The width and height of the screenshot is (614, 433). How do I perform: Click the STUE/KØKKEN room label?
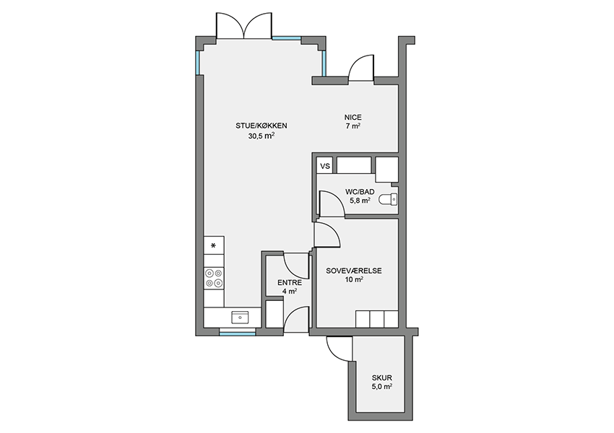pyautogui.click(x=261, y=126)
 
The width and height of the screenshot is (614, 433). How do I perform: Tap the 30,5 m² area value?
pyautogui.click(x=261, y=136)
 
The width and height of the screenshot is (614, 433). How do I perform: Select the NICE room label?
pyautogui.click(x=353, y=118)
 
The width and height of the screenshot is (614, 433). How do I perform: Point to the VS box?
pyautogui.click(x=325, y=166)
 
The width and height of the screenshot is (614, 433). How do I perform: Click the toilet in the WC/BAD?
pyautogui.click(x=388, y=200)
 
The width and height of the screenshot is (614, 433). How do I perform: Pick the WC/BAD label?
pyautogui.click(x=360, y=192)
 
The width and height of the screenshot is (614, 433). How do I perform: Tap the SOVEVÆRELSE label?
pyautogui.click(x=354, y=271)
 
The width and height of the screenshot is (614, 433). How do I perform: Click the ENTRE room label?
pyautogui.click(x=290, y=282)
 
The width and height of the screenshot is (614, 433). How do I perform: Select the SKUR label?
pyautogui.click(x=382, y=378)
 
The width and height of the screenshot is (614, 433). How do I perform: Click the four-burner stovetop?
pyautogui.click(x=214, y=278)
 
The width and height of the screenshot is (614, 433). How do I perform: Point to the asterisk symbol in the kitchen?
pyautogui.click(x=213, y=245)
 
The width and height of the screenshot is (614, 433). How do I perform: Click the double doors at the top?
pyautogui.click(x=244, y=26)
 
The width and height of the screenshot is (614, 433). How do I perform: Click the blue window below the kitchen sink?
pyautogui.click(x=238, y=333)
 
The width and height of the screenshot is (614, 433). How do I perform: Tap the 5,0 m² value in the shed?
pyautogui.click(x=382, y=387)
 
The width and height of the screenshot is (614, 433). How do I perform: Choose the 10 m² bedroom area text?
pyautogui.click(x=354, y=279)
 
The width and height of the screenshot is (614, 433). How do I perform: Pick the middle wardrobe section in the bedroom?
pyautogui.click(x=376, y=319)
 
